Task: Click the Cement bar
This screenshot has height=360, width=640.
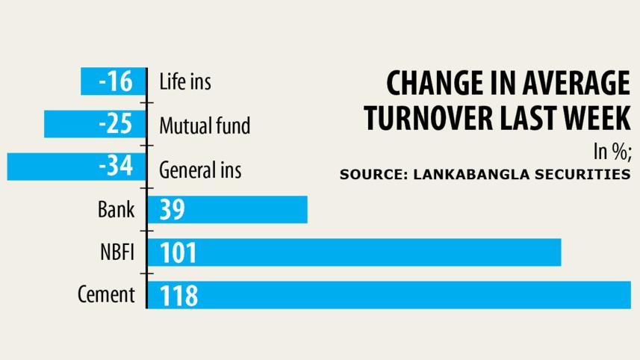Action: pos(388,295)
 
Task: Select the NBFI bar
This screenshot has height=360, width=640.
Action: pos(354,252)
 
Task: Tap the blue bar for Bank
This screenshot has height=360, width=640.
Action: pos(227,210)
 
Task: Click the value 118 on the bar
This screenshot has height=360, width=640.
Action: pos(178,296)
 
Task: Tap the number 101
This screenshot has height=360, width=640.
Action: pos(178,253)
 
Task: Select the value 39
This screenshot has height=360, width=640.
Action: pos(172,211)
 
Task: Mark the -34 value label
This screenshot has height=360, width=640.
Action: pos(115,167)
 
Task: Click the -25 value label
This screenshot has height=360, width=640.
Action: pos(115,124)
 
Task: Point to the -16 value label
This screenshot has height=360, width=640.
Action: pos(115,81)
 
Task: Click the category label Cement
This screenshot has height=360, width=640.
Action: pos(106,294)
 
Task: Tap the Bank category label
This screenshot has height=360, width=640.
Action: pos(116,209)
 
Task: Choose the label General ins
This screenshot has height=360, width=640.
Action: pos(200,170)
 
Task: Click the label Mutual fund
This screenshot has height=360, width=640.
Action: pos(205,125)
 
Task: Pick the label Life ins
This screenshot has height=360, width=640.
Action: pos(185,81)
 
